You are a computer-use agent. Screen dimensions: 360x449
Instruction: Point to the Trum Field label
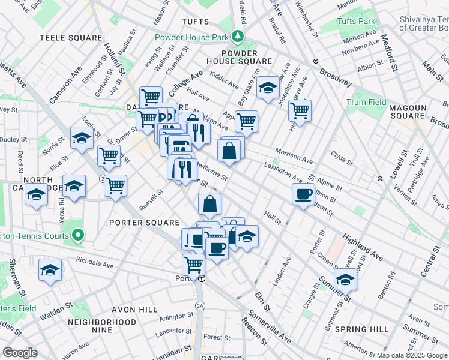(366, 103)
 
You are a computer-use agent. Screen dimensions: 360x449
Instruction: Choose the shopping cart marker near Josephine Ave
(299, 110)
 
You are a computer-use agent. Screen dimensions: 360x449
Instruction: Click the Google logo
(20, 353)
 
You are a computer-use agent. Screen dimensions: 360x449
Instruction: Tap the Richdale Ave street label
(95, 264)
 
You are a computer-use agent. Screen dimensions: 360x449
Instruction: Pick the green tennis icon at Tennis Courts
(77, 235)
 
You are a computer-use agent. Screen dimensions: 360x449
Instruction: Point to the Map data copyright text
(411, 355)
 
